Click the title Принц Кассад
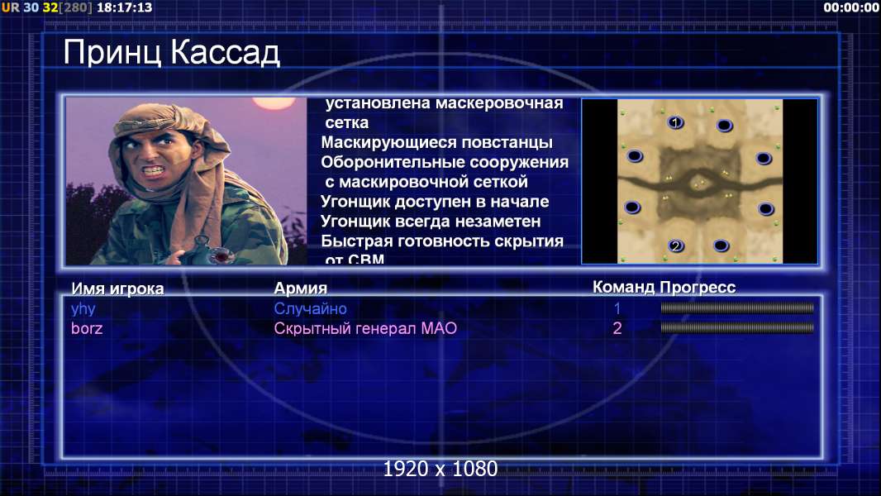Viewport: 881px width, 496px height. click(x=171, y=54)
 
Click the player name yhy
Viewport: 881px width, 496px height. click(x=83, y=309)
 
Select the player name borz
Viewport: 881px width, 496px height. click(x=87, y=328)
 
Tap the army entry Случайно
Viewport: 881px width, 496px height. click(x=310, y=308)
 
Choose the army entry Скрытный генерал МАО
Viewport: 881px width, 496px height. click(x=365, y=328)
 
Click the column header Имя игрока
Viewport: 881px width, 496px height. click(x=117, y=289)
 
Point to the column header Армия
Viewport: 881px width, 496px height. click(x=300, y=289)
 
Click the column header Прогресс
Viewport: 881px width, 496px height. click(x=698, y=287)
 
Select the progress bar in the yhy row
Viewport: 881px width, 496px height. click(x=737, y=308)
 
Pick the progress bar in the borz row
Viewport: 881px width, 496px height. click(x=737, y=327)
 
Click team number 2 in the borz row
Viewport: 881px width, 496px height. click(x=617, y=328)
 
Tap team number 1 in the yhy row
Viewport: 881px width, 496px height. click(x=617, y=308)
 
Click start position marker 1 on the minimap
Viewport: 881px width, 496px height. click(x=675, y=122)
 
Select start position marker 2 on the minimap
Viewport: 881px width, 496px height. click(x=676, y=246)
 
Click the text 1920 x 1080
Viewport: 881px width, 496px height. click(x=440, y=469)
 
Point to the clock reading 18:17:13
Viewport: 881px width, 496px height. click(x=124, y=7)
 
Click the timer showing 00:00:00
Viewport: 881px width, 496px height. click(x=851, y=7)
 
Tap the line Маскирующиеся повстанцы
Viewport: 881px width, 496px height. click(x=436, y=143)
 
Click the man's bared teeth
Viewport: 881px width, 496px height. click(x=154, y=169)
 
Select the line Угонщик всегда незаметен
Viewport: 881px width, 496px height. click(x=431, y=222)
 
